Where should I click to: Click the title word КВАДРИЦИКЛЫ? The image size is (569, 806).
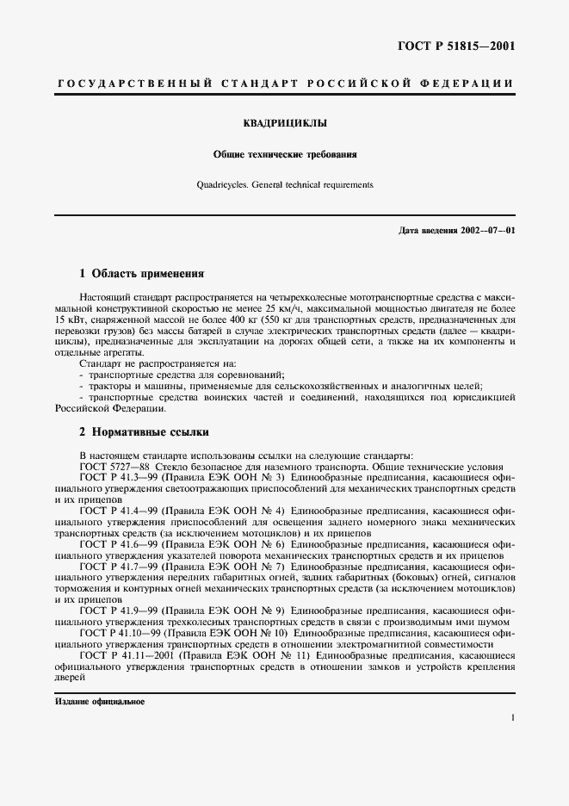[x=285, y=123]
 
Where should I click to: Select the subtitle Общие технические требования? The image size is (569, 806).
[x=285, y=155]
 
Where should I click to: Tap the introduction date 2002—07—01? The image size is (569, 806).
[x=483, y=231]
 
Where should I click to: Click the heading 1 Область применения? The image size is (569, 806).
[x=141, y=274]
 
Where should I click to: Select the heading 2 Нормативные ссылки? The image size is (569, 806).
[x=144, y=432]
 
